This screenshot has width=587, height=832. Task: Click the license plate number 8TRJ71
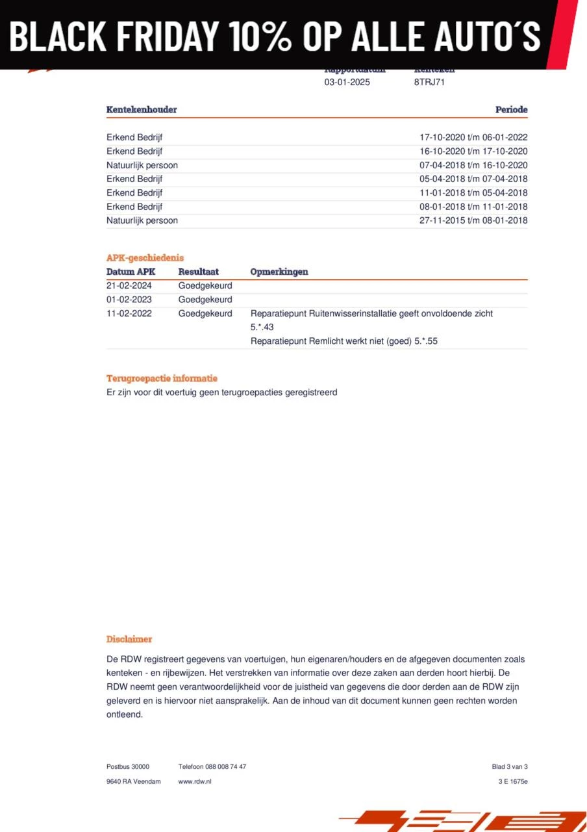429,83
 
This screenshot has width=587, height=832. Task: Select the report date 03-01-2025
347,83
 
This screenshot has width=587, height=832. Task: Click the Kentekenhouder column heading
142,110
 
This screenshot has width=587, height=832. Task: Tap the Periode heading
511,110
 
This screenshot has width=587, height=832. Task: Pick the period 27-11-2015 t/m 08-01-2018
473,220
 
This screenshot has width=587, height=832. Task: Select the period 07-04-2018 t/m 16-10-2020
473,165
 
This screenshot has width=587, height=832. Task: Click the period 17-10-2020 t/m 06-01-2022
473,137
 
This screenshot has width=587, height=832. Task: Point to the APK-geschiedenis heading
145,258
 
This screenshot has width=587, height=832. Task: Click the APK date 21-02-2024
129,286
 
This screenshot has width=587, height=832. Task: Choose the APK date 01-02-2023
129,300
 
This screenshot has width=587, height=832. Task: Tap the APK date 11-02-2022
129,313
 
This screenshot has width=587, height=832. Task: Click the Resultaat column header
198,272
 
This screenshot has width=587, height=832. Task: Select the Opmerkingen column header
279,272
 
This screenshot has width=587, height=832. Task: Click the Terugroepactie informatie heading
162,378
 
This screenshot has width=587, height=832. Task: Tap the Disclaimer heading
129,640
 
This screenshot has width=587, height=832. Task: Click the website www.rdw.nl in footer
195,781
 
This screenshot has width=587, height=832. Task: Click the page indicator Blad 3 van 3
510,767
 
